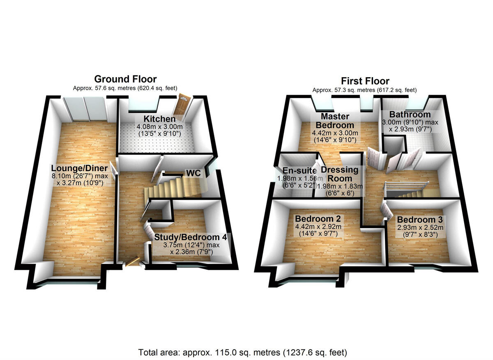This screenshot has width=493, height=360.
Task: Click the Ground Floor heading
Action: point(125,79)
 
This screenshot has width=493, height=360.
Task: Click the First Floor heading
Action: point(364,81)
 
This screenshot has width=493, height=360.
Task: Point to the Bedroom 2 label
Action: point(318,218)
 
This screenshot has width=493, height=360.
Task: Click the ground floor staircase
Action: point(175,187)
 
